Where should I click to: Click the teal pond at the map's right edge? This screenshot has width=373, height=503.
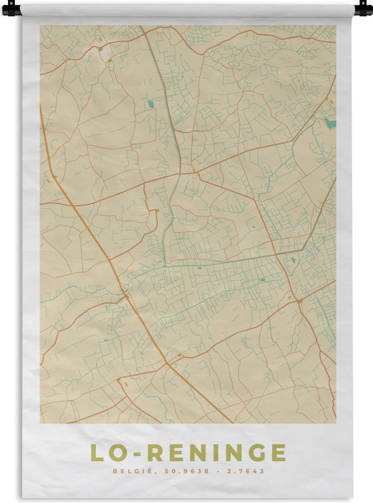point(330,123)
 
